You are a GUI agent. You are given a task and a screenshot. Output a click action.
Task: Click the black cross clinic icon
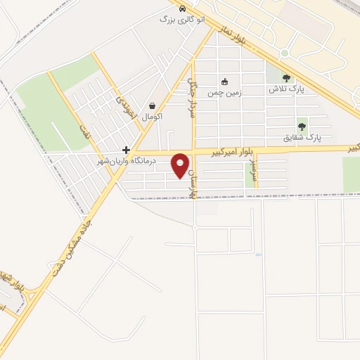[x=126, y=150]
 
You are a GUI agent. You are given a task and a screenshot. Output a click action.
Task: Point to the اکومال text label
[x=152, y=116]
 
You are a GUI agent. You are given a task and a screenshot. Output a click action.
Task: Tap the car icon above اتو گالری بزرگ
[x=183, y=9]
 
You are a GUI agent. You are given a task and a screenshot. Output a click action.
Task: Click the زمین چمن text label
[x=224, y=92]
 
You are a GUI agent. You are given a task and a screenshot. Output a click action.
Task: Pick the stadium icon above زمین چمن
[x=224, y=82]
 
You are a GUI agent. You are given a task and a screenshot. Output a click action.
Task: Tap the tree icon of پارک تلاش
[x=285, y=79]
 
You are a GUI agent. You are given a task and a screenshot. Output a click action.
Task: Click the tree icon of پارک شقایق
[x=302, y=127]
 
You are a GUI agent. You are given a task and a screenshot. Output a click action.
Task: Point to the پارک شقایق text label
[x=302, y=137]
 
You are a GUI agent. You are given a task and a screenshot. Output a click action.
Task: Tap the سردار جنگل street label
[x=190, y=96]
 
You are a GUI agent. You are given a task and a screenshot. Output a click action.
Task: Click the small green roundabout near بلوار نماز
[x=285, y=53]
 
